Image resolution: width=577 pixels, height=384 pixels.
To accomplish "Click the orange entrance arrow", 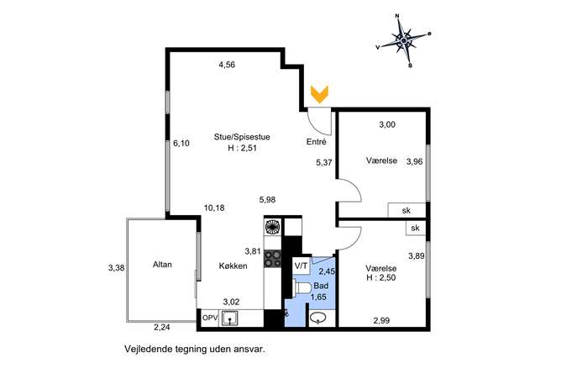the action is tap(319, 94).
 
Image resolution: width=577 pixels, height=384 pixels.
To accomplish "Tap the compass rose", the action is tap(404, 40).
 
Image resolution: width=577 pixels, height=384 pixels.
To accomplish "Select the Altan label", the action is tap(162, 265).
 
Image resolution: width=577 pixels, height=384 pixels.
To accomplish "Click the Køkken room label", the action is tap(233, 266).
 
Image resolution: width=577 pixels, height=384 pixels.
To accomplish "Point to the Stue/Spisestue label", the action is tap(242, 137).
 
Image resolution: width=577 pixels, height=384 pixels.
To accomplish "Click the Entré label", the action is tap(316, 142).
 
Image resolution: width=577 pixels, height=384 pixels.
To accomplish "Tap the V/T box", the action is tap(302, 266).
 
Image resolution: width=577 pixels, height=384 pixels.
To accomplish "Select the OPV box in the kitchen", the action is tap(210, 318).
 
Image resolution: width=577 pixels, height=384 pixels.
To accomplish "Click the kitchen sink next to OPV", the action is tap(229, 318).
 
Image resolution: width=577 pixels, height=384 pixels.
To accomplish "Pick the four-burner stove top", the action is tap(273, 258).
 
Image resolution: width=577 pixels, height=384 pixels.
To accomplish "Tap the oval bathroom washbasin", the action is tap(317, 318).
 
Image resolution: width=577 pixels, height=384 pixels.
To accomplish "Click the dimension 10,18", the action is tap(214, 208).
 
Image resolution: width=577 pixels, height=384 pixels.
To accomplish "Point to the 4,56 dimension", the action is tap(227, 65).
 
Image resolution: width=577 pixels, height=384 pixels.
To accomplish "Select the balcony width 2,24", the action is tap(161, 328).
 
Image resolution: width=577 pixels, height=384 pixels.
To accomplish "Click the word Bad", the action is tap(321, 286).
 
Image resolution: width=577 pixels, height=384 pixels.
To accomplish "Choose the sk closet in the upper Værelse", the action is tap(407, 210).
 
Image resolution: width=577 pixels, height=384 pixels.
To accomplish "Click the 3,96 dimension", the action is tap(414, 161).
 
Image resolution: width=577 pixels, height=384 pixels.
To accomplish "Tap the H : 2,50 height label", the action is tap(381, 277).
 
